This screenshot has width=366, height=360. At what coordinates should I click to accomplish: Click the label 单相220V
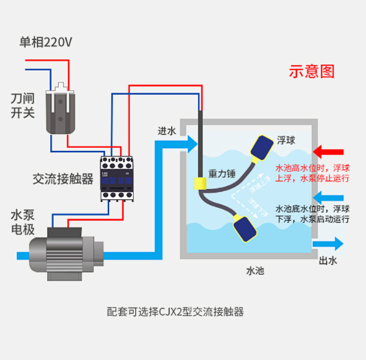tap(45, 43)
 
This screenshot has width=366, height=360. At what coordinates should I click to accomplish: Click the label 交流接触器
tap(63, 179)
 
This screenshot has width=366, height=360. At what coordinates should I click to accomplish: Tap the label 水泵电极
tap(22, 223)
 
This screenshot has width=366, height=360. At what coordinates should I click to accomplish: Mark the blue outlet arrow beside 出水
tap(328, 243)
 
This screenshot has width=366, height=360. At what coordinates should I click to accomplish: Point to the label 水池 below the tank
tap(256, 271)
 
